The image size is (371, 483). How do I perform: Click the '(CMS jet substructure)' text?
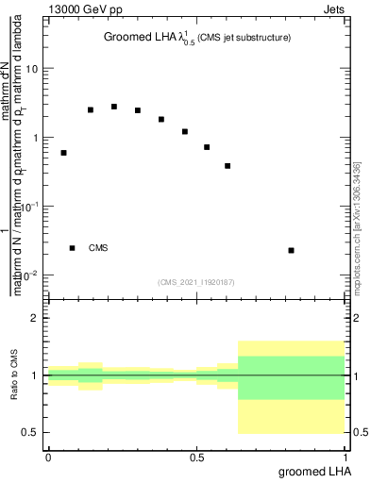point(245,38)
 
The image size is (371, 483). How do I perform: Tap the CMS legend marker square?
point(72,248)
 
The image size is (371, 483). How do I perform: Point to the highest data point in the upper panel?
point(114,107)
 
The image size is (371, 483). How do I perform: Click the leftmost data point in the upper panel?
point(63,153)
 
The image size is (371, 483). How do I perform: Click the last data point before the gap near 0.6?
point(228,166)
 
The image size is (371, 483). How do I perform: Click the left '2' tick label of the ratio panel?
point(36,318)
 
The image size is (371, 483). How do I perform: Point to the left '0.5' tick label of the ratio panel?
point(31,432)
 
